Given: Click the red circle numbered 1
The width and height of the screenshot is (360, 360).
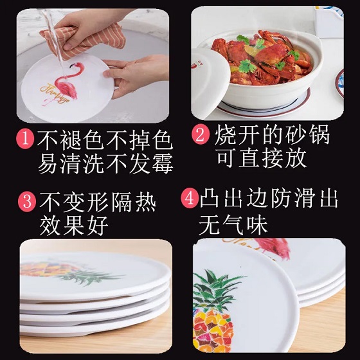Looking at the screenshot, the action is (25, 139).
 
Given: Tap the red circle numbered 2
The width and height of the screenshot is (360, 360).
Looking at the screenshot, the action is (201, 135).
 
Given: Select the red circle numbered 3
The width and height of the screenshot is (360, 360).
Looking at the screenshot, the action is (27, 202).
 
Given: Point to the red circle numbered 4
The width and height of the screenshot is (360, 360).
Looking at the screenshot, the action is (190, 199).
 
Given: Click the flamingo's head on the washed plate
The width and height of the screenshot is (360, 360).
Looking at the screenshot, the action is (75, 66).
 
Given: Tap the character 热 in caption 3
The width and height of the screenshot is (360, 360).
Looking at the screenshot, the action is (145, 202).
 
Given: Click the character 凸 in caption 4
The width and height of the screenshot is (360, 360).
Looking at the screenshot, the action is (210, 198).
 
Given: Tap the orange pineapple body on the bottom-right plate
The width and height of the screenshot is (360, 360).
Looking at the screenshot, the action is (212, 329).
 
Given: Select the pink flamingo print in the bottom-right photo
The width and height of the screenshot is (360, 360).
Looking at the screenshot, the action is (273, 248).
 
